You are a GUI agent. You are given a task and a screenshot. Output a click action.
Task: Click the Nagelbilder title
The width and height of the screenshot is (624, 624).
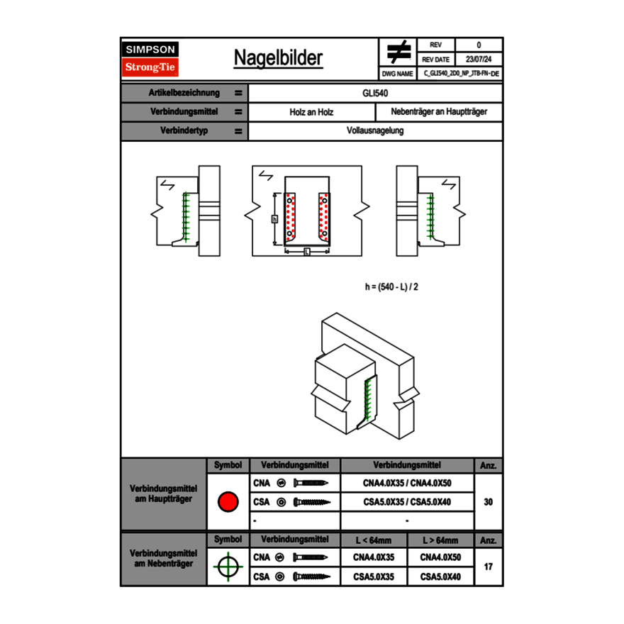[x=278, y=58]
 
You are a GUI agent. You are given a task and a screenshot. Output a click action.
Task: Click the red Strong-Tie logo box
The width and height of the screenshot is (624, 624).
[x=150, y=67]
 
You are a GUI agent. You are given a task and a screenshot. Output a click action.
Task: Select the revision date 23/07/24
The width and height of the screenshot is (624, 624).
[x=479, y=60]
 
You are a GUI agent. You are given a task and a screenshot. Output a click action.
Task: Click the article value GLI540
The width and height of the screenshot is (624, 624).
[x=375, y=93]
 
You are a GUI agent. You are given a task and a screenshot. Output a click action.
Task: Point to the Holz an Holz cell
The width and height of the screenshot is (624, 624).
[x=311, y=112]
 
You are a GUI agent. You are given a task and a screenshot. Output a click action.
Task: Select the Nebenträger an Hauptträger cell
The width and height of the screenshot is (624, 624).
[x=439, y=112]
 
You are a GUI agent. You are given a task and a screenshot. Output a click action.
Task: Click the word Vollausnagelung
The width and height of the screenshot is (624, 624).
[x=375, y=131]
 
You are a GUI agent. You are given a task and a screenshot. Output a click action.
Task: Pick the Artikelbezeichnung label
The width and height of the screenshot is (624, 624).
[x=184, y=93]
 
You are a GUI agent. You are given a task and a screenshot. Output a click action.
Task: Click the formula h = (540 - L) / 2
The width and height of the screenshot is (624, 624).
[x=396, y=286]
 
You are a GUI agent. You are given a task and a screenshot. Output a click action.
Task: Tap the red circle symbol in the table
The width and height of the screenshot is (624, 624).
[x=228, y=502]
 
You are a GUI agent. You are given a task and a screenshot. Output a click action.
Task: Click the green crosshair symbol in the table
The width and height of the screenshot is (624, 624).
[x=228, y=567]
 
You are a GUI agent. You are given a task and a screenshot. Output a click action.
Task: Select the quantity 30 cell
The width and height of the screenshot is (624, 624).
[x=488, y=502]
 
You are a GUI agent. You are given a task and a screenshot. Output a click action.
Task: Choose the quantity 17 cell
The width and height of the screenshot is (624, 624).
[x=488, y=567]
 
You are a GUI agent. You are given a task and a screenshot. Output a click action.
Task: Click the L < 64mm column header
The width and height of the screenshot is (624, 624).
[x=374, y=540]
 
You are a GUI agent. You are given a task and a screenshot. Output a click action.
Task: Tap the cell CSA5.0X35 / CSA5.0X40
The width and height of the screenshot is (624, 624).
[x=407, y=502]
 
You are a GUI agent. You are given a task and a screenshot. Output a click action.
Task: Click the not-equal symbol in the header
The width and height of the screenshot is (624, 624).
[x=399, y=52]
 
